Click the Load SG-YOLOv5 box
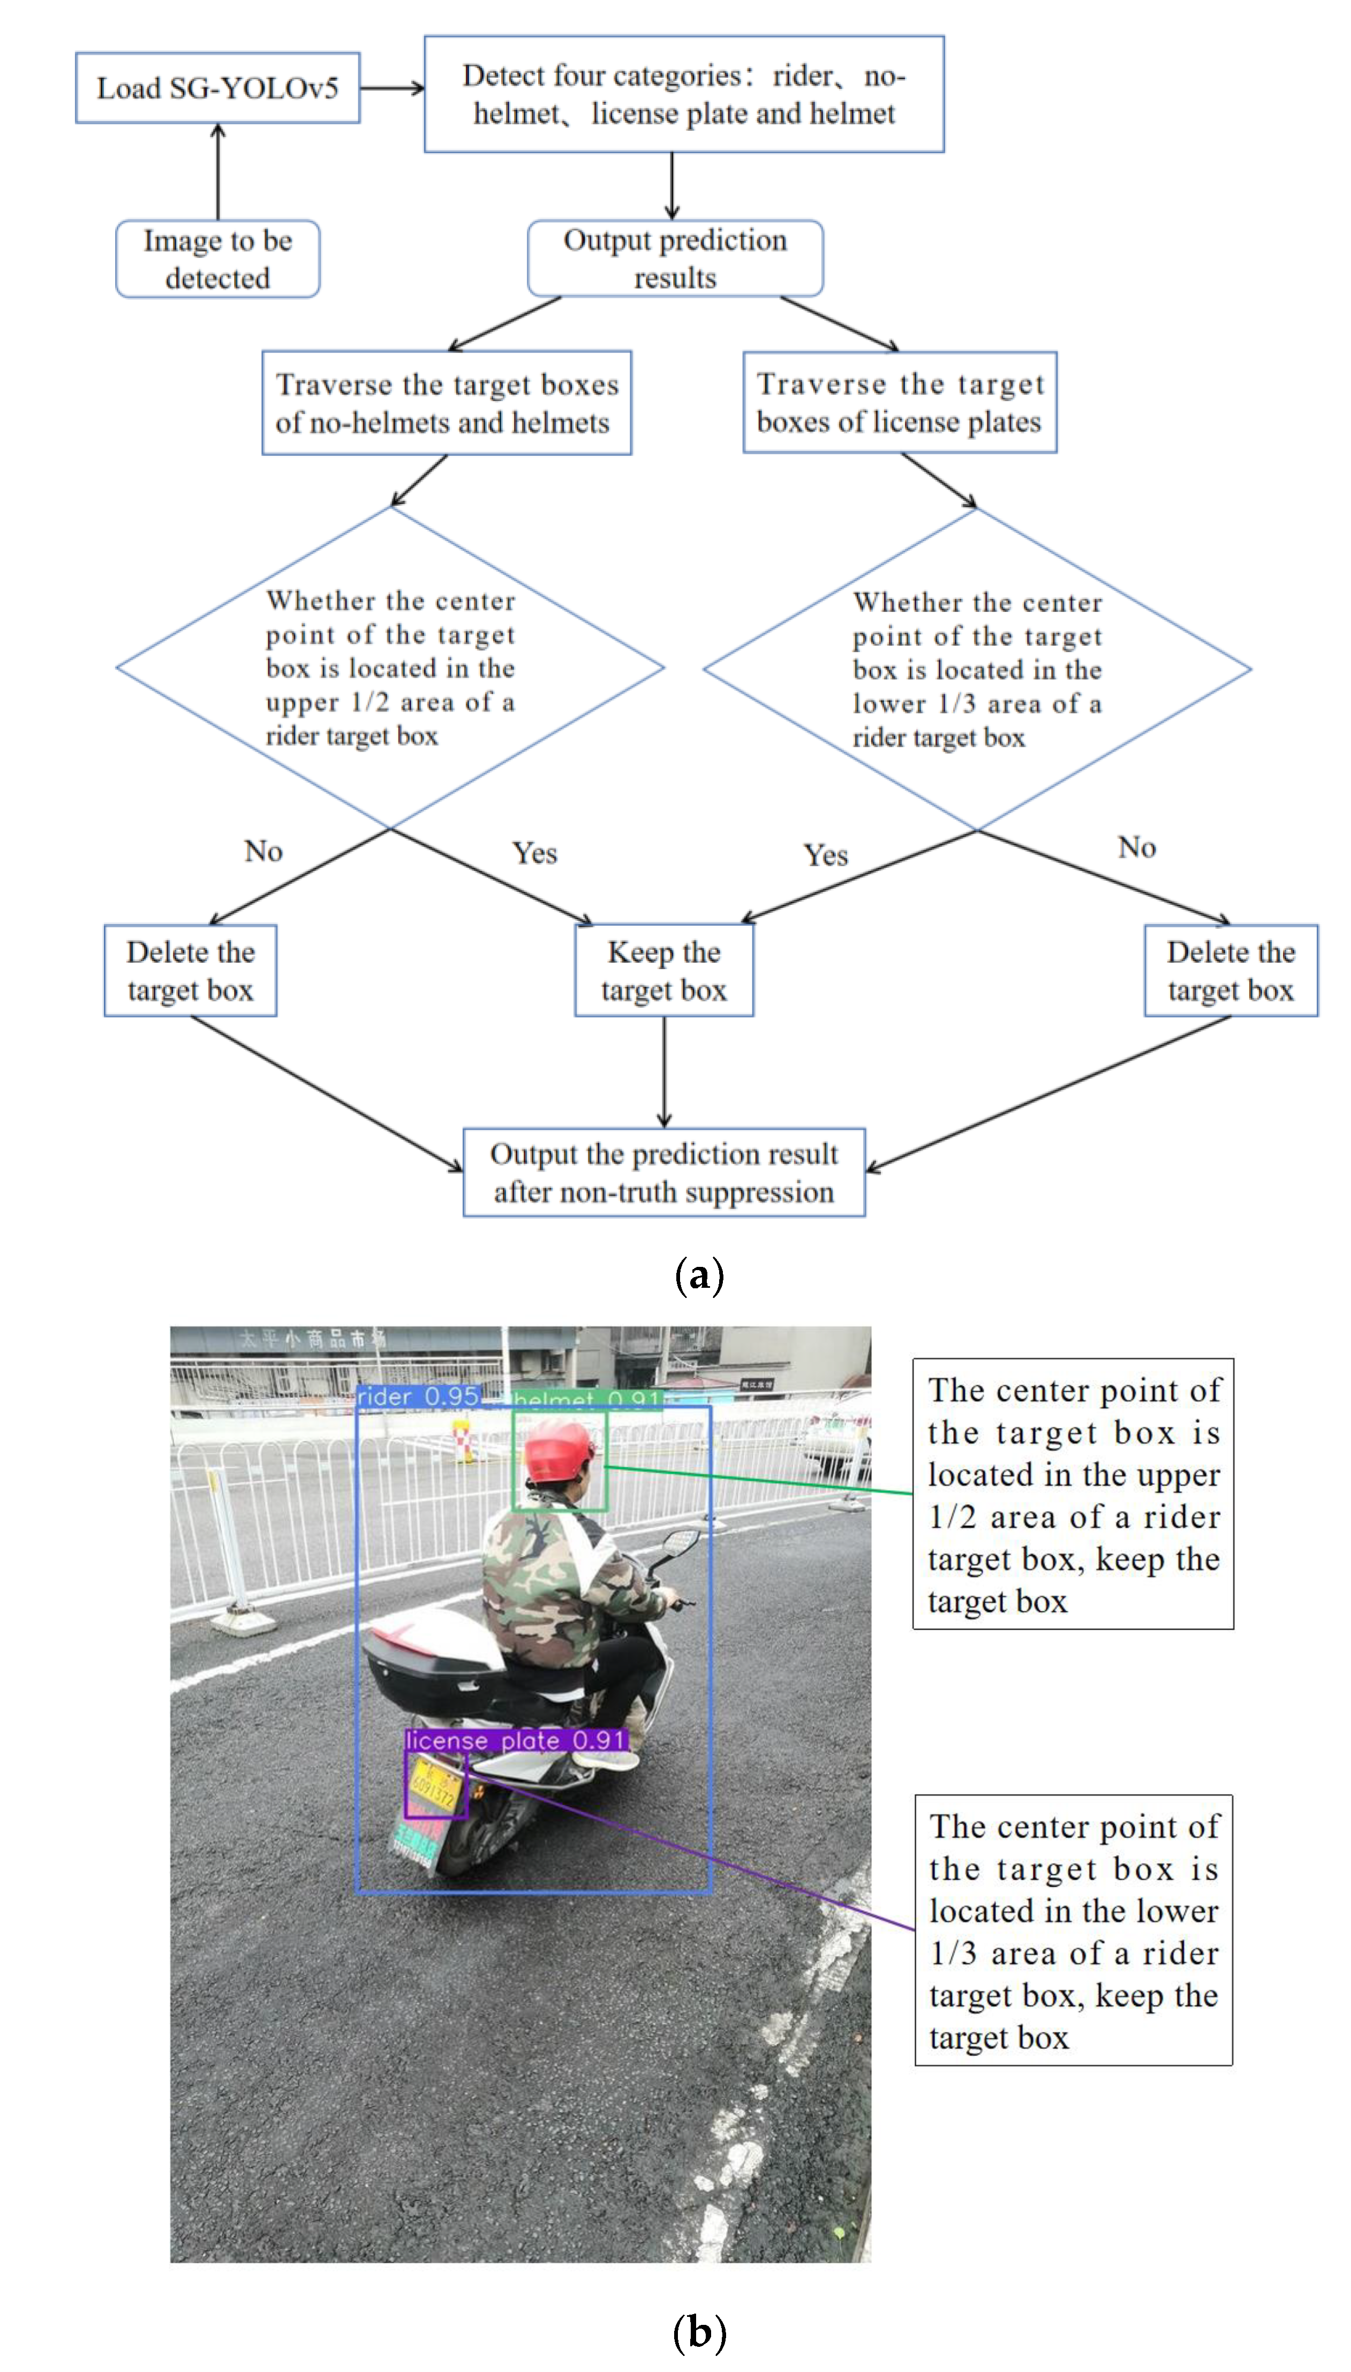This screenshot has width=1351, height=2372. pos(217,88)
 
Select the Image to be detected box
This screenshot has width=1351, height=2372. pos(217,259)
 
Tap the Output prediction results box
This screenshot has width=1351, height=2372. pos(675,259)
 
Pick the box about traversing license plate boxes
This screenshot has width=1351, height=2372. pos(899,403)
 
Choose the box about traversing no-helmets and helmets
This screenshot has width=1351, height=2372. pos(446,403)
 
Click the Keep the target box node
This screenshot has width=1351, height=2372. pos(663,971)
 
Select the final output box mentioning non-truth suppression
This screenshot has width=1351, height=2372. pos(663,1172)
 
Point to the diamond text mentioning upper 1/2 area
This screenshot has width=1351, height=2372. pos(390,668)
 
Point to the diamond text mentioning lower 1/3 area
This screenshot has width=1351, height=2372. pos(977,670)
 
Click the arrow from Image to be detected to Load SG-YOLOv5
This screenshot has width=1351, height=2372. pos(218,171)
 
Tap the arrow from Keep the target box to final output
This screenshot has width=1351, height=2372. pos(663,1072)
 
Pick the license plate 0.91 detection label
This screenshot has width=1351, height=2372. pos(516,1740)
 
